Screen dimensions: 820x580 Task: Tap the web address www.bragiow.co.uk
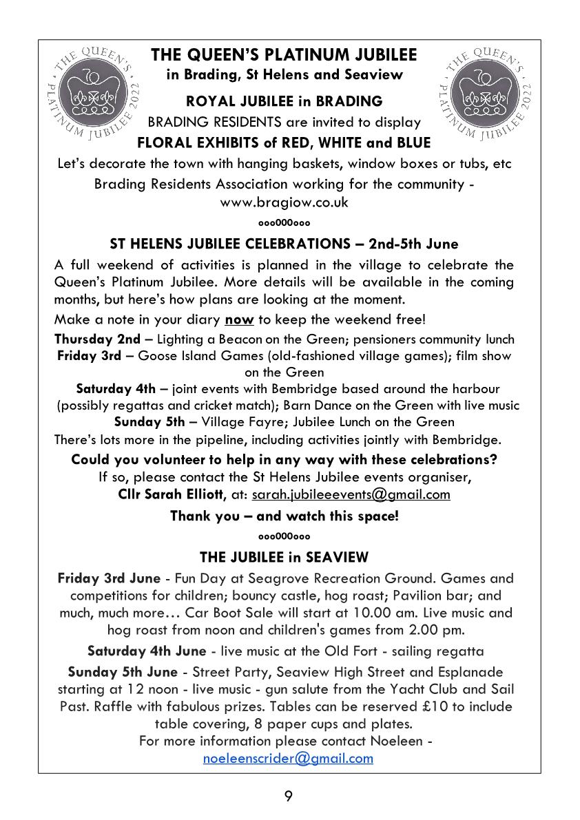click(x=284, y=202)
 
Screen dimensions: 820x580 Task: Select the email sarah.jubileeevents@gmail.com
click(x=351, y=494)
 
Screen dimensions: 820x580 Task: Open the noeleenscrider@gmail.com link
click(x=288, y=758)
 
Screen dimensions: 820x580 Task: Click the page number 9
click(x=289, y=797)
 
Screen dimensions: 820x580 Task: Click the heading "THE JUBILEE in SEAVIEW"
click(x=284, y=556)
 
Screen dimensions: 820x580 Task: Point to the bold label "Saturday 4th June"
click(x=146, y=651)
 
